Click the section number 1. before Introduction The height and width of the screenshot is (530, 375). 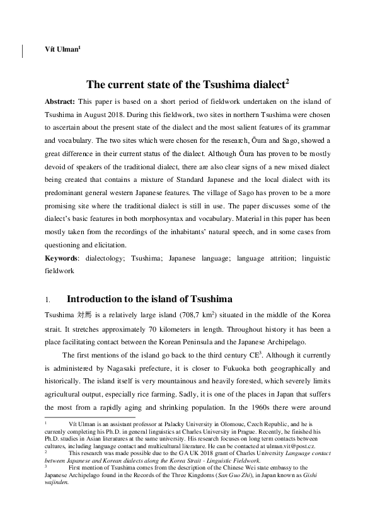point(48,299)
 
